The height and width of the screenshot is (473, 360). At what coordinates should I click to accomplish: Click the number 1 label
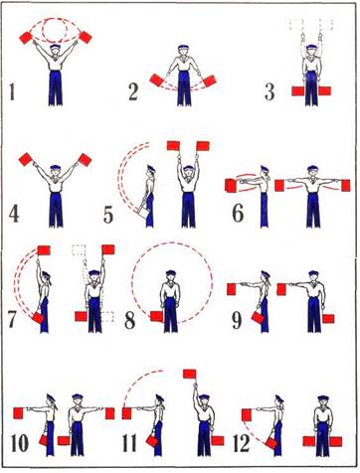12,91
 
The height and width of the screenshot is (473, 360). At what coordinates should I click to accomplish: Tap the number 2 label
133,92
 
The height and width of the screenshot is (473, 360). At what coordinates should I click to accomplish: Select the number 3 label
270,92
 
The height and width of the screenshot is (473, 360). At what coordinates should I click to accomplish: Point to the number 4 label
14,214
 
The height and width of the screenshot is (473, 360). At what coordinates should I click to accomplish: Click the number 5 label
108,215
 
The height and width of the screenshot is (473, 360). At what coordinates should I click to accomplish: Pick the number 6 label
238,214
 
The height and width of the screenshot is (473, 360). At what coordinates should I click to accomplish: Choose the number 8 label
129,321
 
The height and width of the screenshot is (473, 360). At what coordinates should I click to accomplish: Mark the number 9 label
237,321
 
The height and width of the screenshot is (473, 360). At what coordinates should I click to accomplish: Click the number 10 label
20,443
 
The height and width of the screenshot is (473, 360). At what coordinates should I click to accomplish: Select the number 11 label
129,443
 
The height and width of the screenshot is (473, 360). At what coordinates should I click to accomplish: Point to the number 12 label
242,443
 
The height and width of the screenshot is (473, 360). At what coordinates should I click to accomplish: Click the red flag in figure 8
156,316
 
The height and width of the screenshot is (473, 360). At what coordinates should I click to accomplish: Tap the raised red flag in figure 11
189,374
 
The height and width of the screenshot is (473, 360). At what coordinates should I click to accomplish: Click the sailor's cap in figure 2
183,48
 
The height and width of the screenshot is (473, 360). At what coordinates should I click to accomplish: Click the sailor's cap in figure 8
171,273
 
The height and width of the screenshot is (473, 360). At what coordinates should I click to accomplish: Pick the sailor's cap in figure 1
55,47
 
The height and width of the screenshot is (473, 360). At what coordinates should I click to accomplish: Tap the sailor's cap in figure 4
56,168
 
